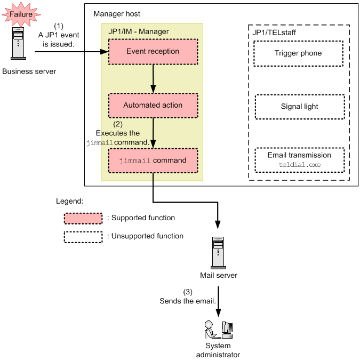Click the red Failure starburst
20,14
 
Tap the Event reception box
153,51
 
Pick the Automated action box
153,106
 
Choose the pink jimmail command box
153,160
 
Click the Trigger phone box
298,53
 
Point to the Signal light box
300,107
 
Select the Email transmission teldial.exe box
300,160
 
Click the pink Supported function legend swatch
83,219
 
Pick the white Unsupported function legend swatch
83,236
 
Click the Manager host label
117,13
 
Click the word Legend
70,202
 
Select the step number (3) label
188,292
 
